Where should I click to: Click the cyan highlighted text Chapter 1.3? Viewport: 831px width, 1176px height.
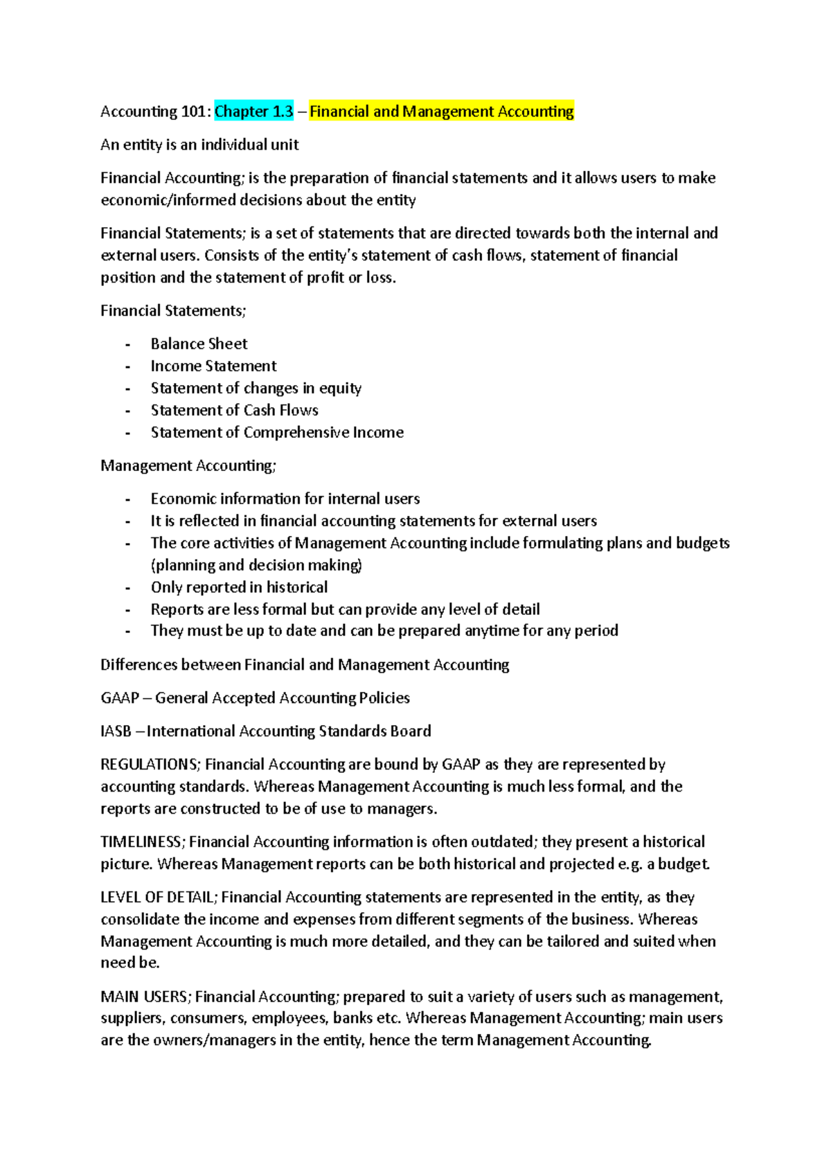pyautogui.click(x=254, y=112)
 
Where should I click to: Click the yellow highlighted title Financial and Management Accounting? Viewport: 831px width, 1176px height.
pyautogui.click(x=441, y=112)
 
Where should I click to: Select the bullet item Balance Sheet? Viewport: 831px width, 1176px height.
pyautogui.click(x=199, y=344)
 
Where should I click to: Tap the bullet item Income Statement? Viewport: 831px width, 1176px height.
pyautogui.click(x=213, y=366)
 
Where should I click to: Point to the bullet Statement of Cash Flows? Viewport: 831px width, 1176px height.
pyautogui.click(x=234, y=410)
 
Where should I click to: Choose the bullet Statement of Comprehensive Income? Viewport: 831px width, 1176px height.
pyautogui.click(x=277, y=432)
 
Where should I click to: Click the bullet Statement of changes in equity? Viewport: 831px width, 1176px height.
pyautogui.click(x=256, y=388)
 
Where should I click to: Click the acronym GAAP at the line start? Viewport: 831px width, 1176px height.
pyautogui.click(x=120, y=697)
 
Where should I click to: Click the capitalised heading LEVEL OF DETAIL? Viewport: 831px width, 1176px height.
pyautogui.click(x=159, y=897)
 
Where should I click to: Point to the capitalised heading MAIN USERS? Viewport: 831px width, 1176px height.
pyautogui.click(x=145, y=996)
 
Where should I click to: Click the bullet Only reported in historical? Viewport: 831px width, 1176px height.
pyautogui.click(x=239, y=587)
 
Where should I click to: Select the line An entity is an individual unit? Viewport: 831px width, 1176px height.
pyautogui.click(x=199, y=145)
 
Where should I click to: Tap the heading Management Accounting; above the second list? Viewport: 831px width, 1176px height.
pyautogui.click(x=188, y=465)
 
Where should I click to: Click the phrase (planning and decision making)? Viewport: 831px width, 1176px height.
pyautogui.click(x=256, y=565)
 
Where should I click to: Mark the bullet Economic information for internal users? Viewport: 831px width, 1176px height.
pyautogui.click(x=285, y=499)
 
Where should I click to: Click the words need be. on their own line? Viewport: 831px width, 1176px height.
pyautogui.click(x=130, y=963)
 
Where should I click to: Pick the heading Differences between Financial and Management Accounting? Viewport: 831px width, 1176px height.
pyautogui.click(x=305, y=665)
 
